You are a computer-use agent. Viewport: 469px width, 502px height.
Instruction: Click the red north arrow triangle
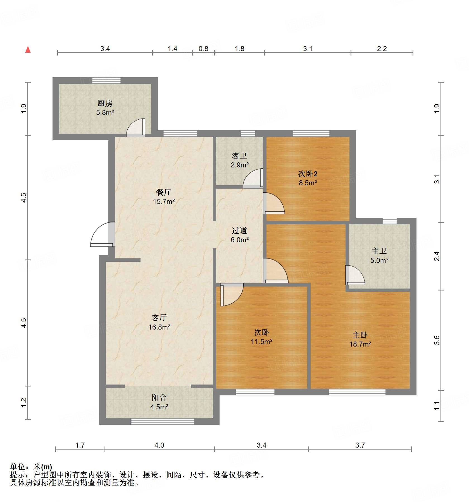click(x=28, y=50)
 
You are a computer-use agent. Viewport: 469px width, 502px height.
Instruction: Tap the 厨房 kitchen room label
click(x=105, y=103)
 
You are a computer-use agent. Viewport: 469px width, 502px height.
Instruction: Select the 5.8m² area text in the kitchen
click(x=105, y=112)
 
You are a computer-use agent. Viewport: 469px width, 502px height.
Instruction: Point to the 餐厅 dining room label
click(x=164, y=192)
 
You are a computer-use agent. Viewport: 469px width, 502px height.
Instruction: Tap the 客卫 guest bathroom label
click(x=239, y=156)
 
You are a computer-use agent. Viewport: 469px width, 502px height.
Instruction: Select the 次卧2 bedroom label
click(x=308, y=174)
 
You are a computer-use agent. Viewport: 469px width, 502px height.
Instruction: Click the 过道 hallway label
click(x=239, y=230)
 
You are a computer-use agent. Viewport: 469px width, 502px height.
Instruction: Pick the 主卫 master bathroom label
click(x=379, y=251)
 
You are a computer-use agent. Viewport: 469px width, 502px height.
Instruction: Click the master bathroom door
click(x=355, y=275)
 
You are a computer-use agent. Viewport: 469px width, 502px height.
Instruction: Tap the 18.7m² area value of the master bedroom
click(x=360, y=344)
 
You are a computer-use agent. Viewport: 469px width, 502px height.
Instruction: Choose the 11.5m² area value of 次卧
click(x=261, y=341)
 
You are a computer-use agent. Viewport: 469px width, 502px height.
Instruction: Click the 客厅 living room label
click(x=159, y=318)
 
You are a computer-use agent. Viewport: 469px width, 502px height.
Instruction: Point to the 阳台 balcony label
click(x=159, y=397)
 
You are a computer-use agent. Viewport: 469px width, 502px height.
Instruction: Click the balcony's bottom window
click(x=163, y=421)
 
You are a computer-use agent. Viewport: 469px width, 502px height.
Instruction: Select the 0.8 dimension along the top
click(x=203, y=49)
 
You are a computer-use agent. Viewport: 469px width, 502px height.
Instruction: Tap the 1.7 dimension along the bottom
click(x=80, y=445)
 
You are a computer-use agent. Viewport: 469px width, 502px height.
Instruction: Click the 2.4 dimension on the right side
click(x=437, y=256)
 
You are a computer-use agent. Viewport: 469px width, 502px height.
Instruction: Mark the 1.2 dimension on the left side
click(x=24, y=402)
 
